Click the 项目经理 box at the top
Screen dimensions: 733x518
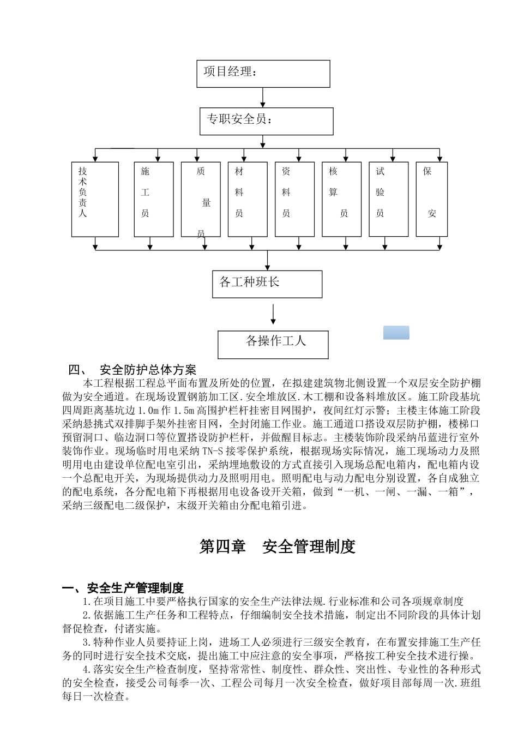[x=263, y=74]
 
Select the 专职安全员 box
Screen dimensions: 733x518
[x=266, y=121]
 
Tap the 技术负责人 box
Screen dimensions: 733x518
[x=95, y=199]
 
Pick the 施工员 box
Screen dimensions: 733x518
[x=154, y=199]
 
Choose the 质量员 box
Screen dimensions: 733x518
[x=201, y=199]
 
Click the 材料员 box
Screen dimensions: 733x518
[x=248, y=199]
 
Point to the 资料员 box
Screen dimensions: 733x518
[x=294, y=199]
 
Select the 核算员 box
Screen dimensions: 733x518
[x=341, y=199]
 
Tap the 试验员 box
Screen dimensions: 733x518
[x=388, y=199]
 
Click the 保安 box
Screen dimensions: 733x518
[x=431, y=199]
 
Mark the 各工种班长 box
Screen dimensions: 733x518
[x=267, y=284]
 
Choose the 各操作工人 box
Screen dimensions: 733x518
[x=273, y=344]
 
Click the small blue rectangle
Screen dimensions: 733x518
[x=396, y=333]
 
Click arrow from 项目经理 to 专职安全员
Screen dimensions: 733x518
[x=263, y=97]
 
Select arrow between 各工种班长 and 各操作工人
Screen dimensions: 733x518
[x=273, y=314]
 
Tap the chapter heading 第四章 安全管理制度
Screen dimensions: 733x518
[x=278, y=546]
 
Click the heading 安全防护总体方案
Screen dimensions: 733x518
[x=148, y=370]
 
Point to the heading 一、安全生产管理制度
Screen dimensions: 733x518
[x=123, y=588]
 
